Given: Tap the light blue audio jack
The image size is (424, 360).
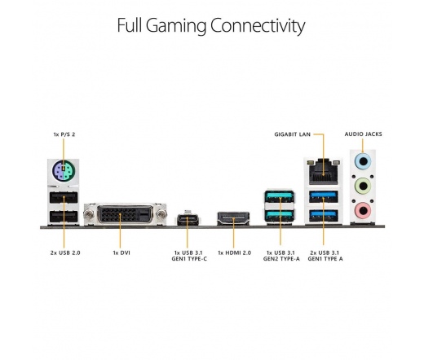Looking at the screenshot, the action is pos(363,161).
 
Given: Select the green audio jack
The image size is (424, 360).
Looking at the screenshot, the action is pos(363,186).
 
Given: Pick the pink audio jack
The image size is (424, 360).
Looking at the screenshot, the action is pos(363,210).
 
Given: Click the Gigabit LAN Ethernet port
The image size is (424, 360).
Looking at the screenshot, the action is pos(323,173).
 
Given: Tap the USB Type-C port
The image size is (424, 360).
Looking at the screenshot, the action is pos(188,220).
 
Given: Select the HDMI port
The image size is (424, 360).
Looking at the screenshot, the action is pos(233,218).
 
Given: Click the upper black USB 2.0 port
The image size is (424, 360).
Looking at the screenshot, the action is pos(64,197).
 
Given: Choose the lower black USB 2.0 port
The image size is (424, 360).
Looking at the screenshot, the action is pos(64,217).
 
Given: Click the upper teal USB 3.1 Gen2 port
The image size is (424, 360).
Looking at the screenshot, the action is pos(280,196).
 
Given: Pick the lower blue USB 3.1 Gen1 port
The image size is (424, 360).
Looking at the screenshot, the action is pos(324,216).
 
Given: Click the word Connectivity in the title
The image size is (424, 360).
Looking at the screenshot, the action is pos(258,26).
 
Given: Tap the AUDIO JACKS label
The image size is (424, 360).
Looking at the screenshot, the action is pos(363,134).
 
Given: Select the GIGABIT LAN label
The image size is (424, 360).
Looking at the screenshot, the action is pos(292,134).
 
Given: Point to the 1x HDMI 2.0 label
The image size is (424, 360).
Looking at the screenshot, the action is pos(234,252).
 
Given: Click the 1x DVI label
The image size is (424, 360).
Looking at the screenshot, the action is pos(121,252).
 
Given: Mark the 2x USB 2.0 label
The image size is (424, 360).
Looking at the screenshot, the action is pos(65,252).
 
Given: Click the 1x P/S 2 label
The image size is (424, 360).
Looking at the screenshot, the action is pos(64,134).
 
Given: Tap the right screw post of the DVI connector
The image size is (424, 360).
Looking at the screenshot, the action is pos(161,214).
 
